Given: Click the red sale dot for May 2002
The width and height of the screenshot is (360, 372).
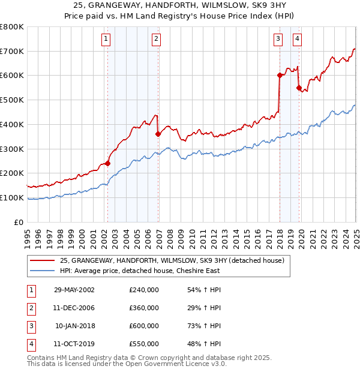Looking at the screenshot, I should (x=108, y=163).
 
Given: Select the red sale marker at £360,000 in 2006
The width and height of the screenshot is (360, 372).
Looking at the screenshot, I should (x=158, y=134).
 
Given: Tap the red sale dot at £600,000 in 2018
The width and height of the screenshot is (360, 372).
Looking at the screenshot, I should (x=279, y=76).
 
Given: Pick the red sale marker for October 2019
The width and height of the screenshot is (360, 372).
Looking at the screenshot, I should (x=298, y=88).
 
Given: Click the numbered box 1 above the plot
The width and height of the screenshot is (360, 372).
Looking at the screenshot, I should (x=106, y=40).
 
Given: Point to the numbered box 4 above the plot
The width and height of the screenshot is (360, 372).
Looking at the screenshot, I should (x=297, y=40).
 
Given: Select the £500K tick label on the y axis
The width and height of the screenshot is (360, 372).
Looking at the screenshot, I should (x=12, y=100).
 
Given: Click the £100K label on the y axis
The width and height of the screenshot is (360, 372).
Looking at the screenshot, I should (x=12, y=197).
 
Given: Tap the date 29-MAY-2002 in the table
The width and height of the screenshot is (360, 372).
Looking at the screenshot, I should (x=74, y=290).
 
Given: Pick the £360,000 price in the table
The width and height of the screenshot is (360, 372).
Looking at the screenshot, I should (x=144, y=308).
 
